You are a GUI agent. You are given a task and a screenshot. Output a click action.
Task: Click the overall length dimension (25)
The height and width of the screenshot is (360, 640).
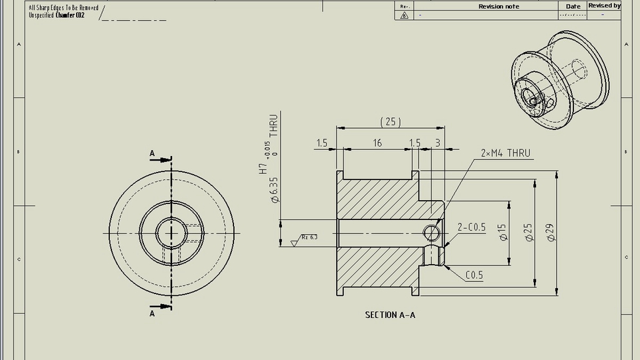[391, 121]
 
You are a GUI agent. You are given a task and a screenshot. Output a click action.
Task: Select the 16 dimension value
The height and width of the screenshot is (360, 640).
[377, 143]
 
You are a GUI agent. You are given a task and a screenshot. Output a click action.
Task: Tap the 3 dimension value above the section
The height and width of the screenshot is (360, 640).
[437, 143]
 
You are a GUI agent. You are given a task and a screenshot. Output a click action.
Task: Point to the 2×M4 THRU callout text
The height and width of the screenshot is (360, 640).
[505, 153]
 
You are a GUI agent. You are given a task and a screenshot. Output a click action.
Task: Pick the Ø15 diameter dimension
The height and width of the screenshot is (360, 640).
[503, 232]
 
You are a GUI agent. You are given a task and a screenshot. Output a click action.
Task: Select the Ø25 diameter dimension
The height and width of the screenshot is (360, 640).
[527, 232]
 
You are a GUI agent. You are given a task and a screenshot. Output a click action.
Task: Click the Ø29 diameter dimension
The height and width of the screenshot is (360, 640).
[551, 232]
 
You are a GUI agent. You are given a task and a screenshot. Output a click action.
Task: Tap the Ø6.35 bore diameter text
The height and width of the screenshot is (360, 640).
[274, 189]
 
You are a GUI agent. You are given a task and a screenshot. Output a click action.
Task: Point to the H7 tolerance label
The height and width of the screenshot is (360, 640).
[263, 167]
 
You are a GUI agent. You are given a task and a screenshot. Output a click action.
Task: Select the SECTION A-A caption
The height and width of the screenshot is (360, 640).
[390, 315]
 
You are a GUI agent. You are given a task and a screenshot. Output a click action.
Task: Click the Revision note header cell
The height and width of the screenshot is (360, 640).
[499, 6]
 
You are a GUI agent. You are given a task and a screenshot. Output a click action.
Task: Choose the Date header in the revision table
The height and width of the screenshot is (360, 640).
[573, 6]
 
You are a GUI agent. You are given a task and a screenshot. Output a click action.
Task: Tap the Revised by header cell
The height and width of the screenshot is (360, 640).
[604, 5]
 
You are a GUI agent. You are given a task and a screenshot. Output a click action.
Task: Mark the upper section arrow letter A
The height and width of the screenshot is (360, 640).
[152, 154]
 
